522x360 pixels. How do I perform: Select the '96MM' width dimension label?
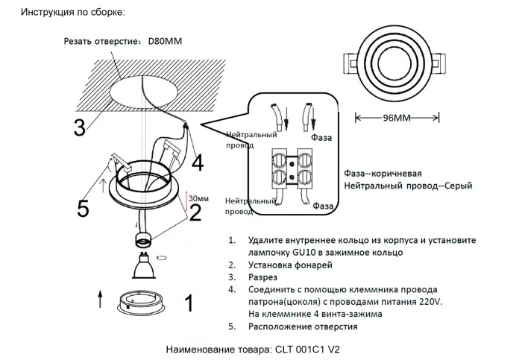point(396,118)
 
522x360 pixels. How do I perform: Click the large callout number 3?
point(78,128)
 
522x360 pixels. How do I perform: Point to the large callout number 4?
point(197,161)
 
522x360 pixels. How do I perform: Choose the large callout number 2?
point(195,213)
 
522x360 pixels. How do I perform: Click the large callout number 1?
point(189,304)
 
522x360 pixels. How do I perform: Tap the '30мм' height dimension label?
point(199,199)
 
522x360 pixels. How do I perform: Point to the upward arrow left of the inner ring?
point(101,300)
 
